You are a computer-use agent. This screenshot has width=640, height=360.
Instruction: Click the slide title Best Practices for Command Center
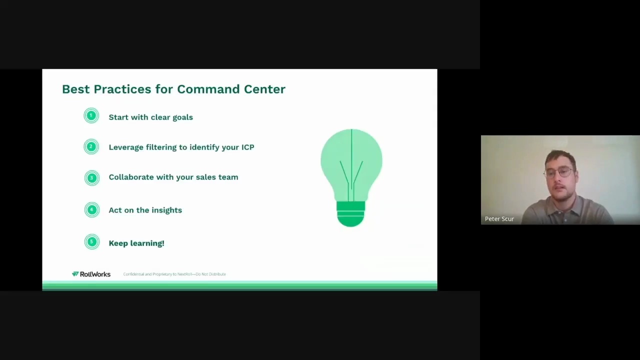[x=173, y=89]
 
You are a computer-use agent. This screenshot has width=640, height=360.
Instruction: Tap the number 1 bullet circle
[x=91, y=116]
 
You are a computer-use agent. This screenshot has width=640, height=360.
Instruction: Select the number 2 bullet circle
[x=91, y=146]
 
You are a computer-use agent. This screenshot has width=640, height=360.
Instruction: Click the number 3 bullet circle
[x=91, y=177]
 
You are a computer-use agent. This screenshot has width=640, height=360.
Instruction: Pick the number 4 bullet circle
[x=91, y=210]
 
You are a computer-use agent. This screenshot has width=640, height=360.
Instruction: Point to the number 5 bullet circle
[x=91, y=242]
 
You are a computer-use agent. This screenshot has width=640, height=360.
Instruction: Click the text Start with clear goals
[x=150, y=117]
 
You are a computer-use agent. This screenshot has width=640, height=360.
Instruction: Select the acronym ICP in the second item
[x=247, y=147]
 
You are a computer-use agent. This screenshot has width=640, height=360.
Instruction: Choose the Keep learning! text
[x=136, y=243]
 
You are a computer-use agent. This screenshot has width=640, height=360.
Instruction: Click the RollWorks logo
[x=91, y=274]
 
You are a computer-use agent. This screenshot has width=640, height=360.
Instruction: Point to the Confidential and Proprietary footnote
[x=174, y=274]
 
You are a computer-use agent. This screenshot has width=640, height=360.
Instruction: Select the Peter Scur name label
[x=499, y=218]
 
